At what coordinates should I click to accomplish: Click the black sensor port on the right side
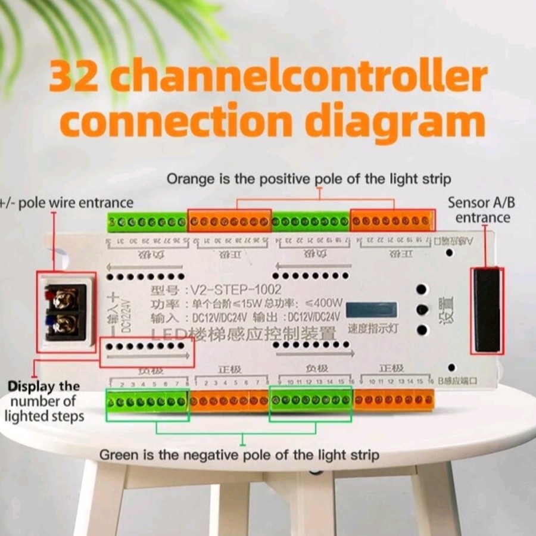(x=487, y=310)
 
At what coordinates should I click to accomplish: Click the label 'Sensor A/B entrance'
(x=482, y=210)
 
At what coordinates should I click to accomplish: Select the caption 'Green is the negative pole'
(x=239, y=455)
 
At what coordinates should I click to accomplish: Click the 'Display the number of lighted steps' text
(x=43, y=401)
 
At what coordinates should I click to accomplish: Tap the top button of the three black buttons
(x=422, y=289)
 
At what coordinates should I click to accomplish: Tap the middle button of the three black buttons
(x=422, y=310)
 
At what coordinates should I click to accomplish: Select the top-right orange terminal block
(x=392, y=221)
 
